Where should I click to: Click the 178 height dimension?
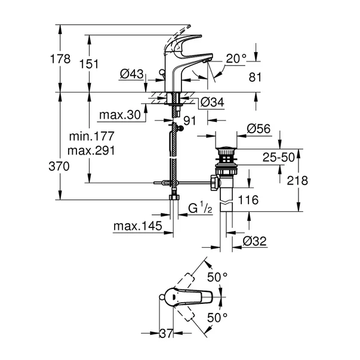(x=60, y=59)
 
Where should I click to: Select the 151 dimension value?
(x=89, y=64)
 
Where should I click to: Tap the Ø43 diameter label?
(x=131, y=74)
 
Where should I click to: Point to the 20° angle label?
(x=236, y=59)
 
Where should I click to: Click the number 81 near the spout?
(x=255, y=77)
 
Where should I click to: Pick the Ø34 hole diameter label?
(x=212, y=102)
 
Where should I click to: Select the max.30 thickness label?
(x=120, y=115)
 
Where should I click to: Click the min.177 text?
(x=91, y=136)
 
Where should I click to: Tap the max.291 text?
(x=91, y=150)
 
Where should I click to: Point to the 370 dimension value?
(x=59, y=166)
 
